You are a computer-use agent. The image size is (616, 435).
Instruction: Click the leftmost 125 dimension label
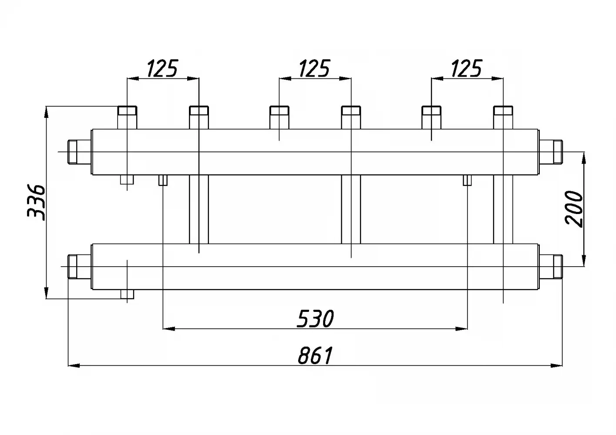click(163, 68)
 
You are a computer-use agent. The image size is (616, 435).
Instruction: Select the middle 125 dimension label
click(315, 68)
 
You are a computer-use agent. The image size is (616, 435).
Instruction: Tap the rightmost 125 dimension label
click(467, 68)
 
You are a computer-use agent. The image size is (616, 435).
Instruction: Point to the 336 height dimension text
click(36, 203)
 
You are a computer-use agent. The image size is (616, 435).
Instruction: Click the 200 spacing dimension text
click(574, 209)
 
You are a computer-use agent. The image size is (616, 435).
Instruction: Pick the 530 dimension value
click(316, 319)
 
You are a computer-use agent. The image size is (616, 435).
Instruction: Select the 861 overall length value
click(316, 355)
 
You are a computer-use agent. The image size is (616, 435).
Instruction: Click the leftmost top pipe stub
click(127, 117)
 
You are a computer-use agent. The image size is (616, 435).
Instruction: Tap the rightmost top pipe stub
click(503, 117)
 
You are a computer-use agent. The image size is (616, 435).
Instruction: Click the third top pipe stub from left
click(279, 117)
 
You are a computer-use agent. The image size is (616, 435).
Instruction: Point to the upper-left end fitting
click(80, 152)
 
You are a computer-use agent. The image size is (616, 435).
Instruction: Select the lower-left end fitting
click(80, 267)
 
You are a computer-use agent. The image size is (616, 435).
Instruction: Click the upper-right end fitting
click(551, 152)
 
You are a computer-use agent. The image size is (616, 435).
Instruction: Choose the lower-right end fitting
click(551, 267)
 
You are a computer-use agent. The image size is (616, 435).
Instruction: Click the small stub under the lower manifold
click(127, 294)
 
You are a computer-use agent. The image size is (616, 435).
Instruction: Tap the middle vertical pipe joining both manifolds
click(351, 209)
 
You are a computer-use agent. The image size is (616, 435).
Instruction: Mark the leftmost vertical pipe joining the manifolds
click(199, 209)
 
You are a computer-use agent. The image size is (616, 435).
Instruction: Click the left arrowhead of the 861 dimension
click(74, 365)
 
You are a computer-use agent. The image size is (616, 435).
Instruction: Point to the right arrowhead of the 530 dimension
click(461, 329)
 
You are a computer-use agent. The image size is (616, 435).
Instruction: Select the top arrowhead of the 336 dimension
click(47, 112)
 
